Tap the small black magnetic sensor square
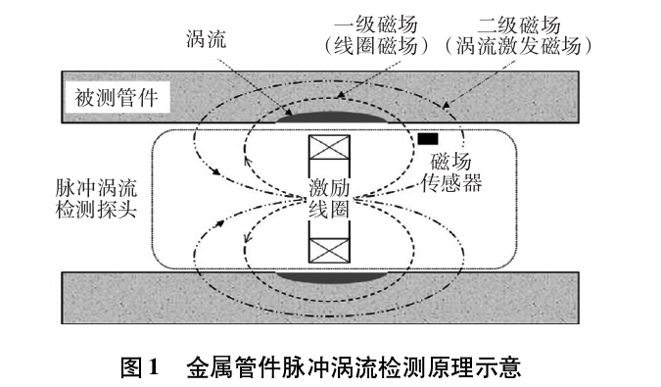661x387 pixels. pyautogui.click(x=428, y=138)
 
